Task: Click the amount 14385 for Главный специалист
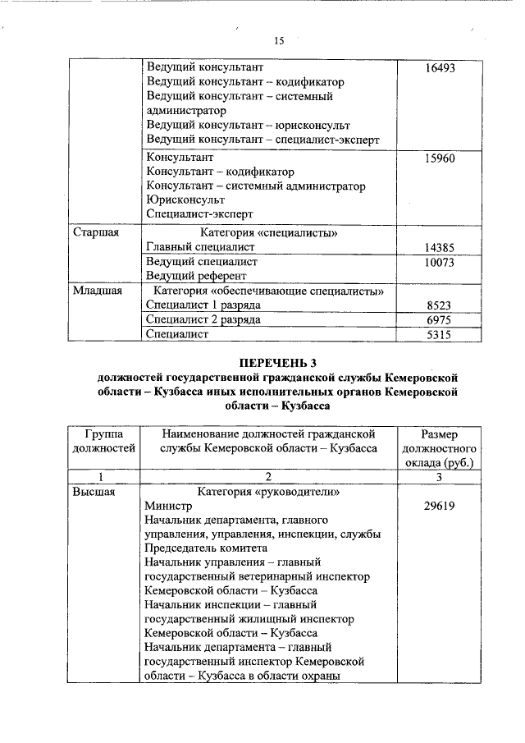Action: coord(440,247)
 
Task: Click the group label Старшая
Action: coord(96,232)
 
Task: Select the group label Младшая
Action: coord(98,291)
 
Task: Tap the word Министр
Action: coord(169,507)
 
